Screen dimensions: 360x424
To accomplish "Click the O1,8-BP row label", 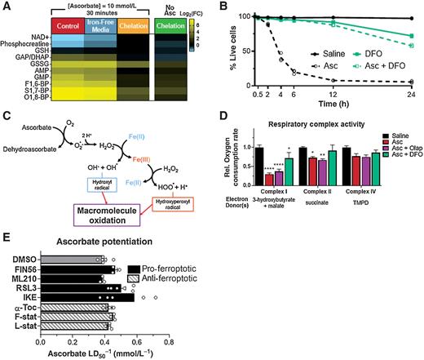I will click(33, 104).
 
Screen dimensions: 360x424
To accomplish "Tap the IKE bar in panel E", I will click(88, 296).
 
